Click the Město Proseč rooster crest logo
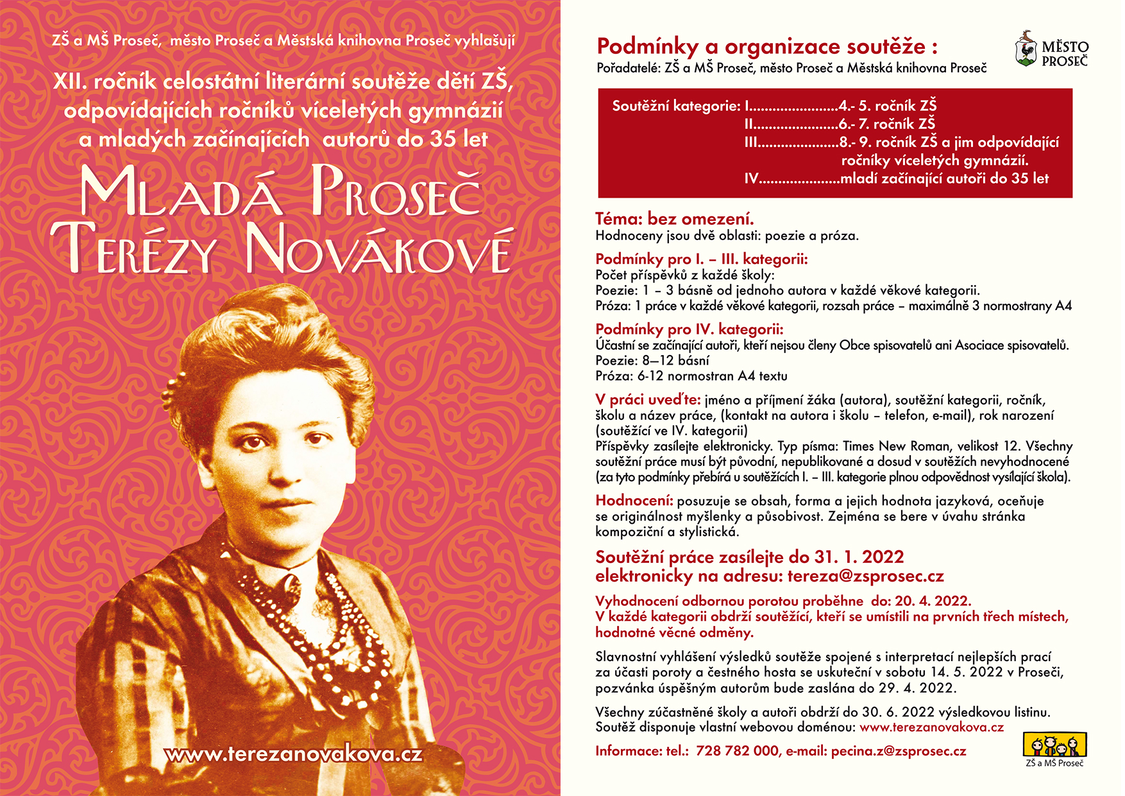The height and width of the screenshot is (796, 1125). (x=1026, y=49)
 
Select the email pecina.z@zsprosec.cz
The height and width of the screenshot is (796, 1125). (x=898, y=751)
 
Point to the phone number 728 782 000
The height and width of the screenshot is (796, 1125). (x=737, y=751)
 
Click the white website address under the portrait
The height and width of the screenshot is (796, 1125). (x=293, y=754)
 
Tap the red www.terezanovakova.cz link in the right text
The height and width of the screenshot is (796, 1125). (x=931, y=727)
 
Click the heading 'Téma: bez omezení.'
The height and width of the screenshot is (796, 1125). (x=674, y=219)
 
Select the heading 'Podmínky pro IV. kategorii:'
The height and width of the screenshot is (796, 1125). (x=689, y=329)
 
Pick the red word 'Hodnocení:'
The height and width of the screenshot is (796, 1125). (x=634, y=501)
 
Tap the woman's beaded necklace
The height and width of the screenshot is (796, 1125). (x=334, y=616)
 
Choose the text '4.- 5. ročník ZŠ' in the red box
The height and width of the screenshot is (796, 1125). (x=887, y=105)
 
